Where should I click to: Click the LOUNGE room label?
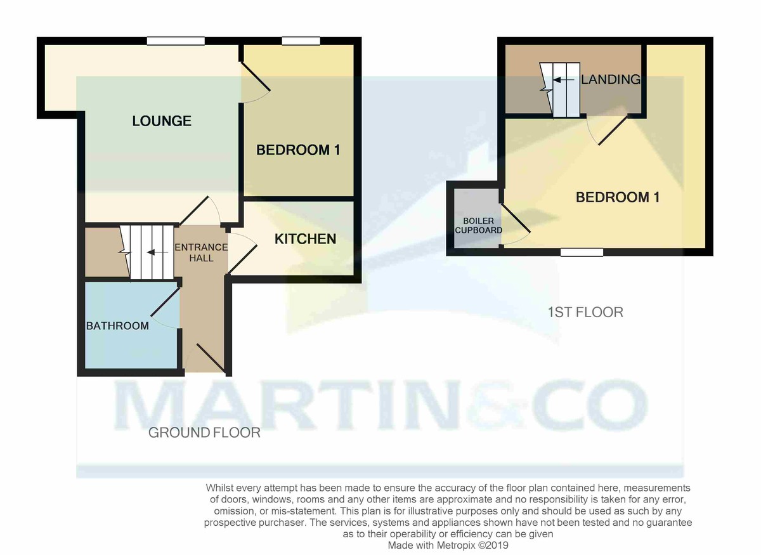pos(162,121)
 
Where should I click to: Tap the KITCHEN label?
pos(305,239)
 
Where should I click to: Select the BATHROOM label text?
pos(117,326)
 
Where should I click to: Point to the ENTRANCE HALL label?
pos(201,252)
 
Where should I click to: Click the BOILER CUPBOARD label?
pos(479,225)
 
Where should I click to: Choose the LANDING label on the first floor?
pos(610,79)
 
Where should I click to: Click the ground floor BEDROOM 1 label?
pos(298,150)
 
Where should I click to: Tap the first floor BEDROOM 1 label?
pos(618,197)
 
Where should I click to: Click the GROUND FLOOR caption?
pos(204,433)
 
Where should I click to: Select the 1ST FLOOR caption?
pos(585,312)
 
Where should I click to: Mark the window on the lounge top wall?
pos(176,41)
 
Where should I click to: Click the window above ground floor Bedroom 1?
pos(301,41)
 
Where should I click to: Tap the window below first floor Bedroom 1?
pos(582,252)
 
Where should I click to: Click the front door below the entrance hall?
pos(210,357)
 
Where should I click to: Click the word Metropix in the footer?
pos(454,545)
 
